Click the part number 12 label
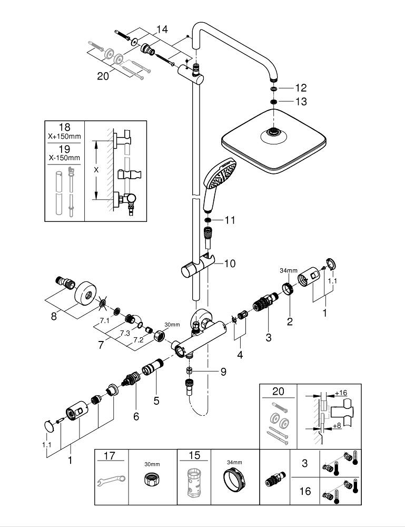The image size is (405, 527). point(301,88)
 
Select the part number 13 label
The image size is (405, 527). point(301,101)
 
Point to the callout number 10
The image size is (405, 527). point(230,262)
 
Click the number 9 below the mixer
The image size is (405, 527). point(223,372)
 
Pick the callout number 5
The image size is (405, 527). point(156,401)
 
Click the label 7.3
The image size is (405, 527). point(124,334)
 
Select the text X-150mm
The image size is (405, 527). point(65,158)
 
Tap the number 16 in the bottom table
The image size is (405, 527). point(305,491)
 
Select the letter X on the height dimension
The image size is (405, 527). point(95,170)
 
